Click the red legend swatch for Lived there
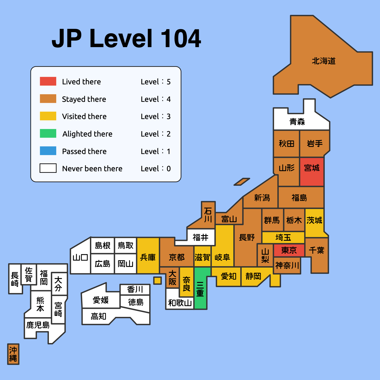coord(48,81)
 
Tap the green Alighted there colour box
coord(48,133)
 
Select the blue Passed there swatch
coord(48,151)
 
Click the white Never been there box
coord(48,168)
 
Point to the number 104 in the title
coord(181,39)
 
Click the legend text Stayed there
coord(84,99)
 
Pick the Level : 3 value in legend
coord(156,117)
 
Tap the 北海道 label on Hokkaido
coord(324,61)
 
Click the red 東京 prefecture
coord(289,251)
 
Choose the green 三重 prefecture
coord(200,289)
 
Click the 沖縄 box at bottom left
coord(13,354)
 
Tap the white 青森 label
coord(297,122)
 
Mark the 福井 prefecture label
coord(200,237)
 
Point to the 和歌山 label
coord(180,303)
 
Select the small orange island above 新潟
coord(242,182)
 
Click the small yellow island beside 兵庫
coord(157,280)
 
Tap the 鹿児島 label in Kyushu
coord(38,325)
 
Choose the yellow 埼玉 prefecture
coord(283,238)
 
